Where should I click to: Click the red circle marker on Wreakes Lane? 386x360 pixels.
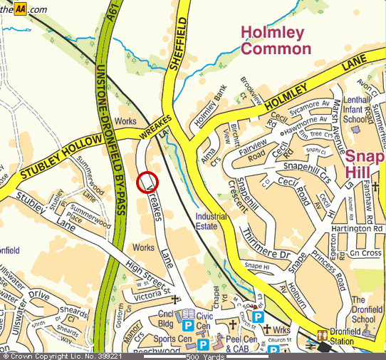147,182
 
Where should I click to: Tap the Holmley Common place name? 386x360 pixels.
276,41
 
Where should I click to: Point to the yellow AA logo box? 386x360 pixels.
20,9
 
